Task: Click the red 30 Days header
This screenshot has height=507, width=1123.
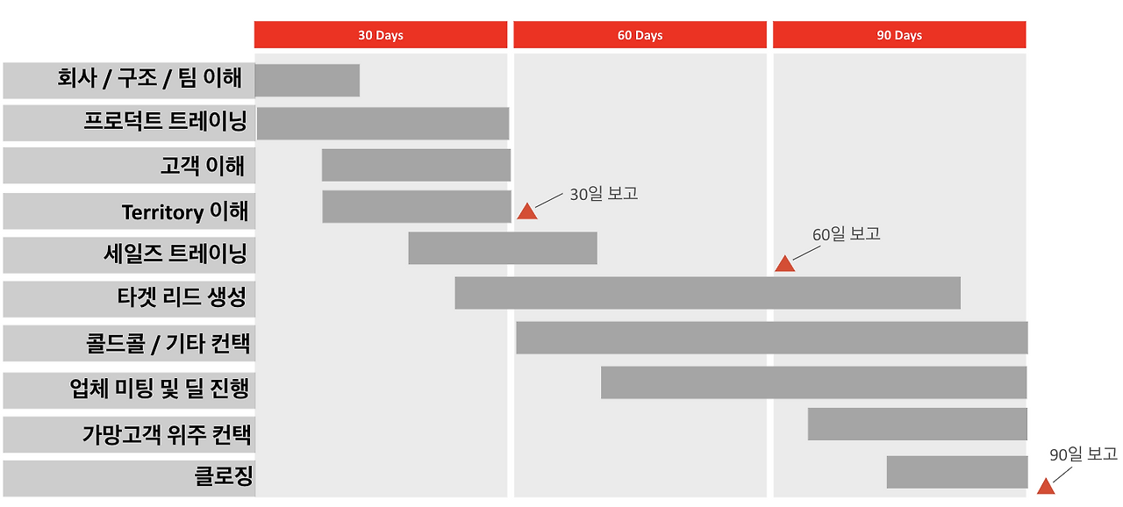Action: coord(381,35)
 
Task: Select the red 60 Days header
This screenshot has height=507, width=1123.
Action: coord(640,35)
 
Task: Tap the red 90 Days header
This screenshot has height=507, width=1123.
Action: coord(899,35)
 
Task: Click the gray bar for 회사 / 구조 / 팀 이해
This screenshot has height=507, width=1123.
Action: coord(307,80)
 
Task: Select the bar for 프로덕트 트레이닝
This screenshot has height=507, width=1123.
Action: coord(383,124)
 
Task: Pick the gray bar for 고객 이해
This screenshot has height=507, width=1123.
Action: coord(416,165)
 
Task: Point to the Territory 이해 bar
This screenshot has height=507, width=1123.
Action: coord(416,207)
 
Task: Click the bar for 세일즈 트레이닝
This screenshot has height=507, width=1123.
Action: coord(503,248)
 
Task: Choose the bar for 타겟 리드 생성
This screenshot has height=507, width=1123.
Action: coord(707,293)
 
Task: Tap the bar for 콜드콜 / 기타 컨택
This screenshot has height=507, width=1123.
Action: coord(771,338)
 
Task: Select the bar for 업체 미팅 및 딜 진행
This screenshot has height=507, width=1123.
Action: coord(813,382)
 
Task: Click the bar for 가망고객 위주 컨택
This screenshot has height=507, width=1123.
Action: coord(917,424)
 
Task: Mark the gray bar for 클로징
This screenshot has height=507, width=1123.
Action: coord(956,472)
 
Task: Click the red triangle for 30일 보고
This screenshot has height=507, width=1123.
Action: coord(526,211)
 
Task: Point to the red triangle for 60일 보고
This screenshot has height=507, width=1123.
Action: coord(784,264)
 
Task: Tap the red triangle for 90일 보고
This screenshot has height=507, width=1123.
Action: coord(1045,487)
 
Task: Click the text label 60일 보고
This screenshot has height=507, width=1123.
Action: coord(846,234)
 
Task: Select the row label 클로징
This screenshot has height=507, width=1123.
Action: coord(223,477)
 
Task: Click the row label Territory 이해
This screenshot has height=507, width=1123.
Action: coord(185,211)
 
